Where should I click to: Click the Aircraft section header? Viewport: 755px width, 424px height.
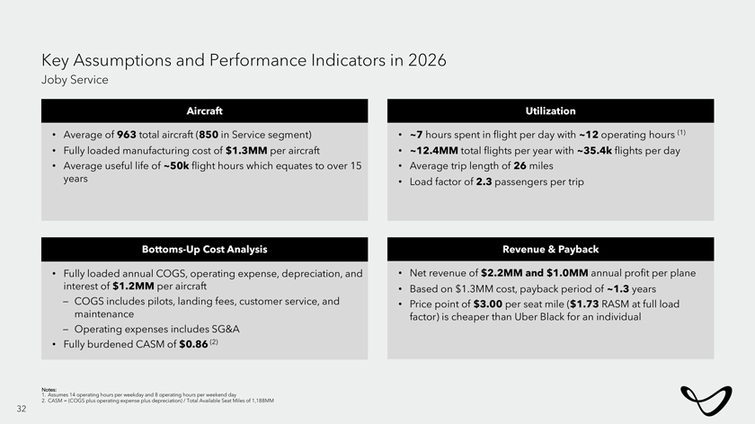point(204,110)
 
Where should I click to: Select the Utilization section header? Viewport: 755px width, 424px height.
point(550,110)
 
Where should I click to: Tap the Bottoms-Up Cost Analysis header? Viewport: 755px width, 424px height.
point(204,249)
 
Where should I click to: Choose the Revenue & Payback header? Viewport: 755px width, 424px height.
point(550,249)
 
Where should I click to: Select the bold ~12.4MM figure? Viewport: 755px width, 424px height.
point(436,150)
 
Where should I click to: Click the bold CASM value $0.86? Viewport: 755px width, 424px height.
point(195,343)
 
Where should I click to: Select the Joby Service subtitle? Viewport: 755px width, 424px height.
point(75,80)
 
